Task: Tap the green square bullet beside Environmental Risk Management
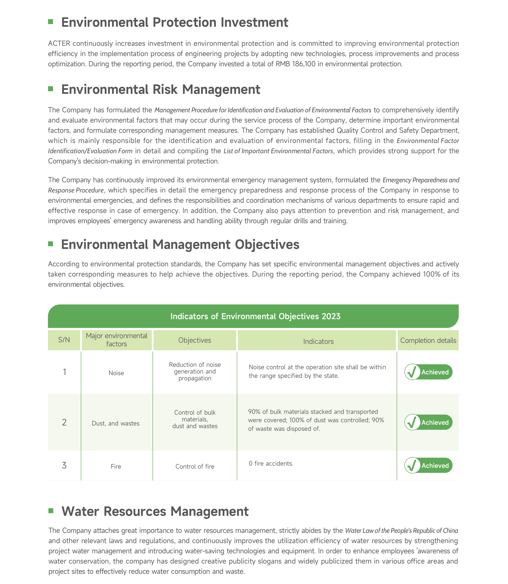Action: point(51,89)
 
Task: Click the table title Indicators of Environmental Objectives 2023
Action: point(255,316)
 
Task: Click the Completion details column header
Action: point(428,340)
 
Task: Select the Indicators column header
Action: point(318,341)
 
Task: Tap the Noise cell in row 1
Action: point(116,373)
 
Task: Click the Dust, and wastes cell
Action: point(116,423)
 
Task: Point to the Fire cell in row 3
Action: point(116,467)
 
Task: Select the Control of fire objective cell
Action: point(195,467)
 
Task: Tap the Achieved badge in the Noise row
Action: point(428,372)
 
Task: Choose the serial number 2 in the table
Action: point(64,423)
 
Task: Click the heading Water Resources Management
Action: point(155,511)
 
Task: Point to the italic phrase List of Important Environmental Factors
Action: point(278,151)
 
